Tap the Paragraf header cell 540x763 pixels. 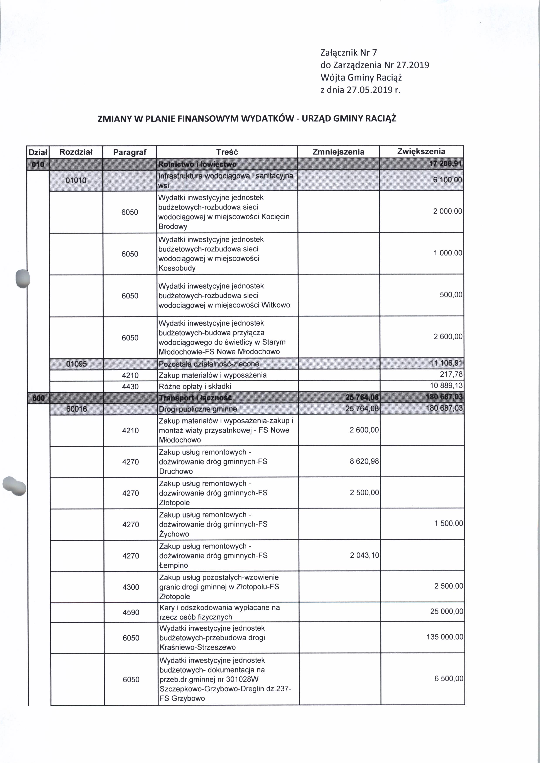coord(130,152)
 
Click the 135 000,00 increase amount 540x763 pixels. coord(445,637)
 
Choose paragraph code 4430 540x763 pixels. coord(130,386)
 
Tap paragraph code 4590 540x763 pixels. coord(131,612)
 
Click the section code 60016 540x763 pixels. coord(76,409)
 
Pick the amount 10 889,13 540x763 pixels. coord(446,386)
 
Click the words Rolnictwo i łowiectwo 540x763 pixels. coord(197,164)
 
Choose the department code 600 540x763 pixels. coord(39,398)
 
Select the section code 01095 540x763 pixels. coord(76,364)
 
